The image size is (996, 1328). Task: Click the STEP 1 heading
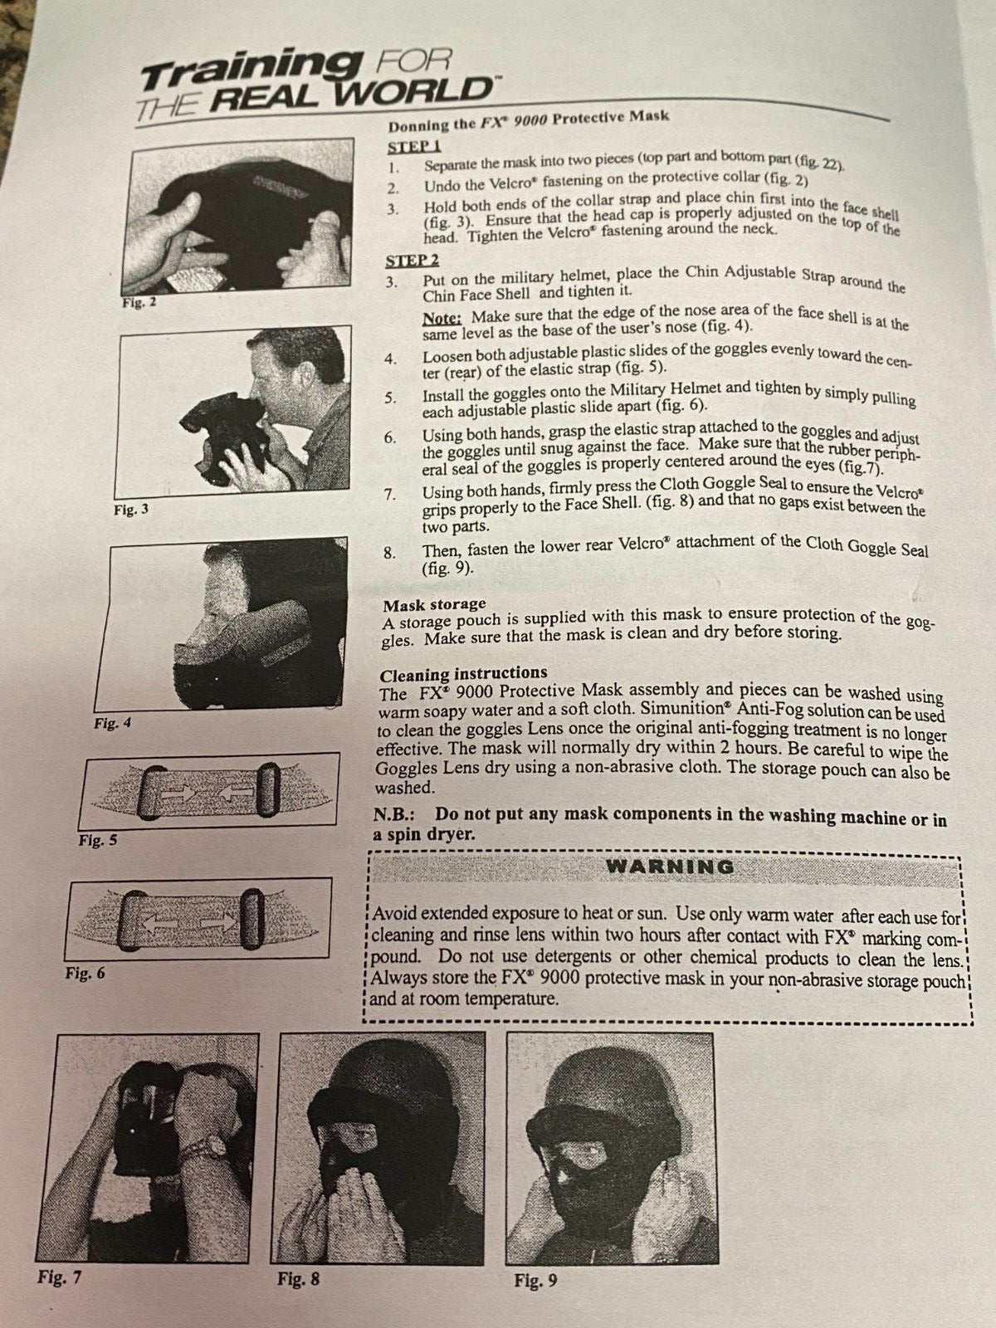[414, 146]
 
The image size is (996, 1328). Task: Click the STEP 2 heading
[413, 260]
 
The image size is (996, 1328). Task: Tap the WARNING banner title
[670, 867]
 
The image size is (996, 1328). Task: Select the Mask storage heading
[434, 604]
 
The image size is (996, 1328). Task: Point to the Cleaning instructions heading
[463, 673]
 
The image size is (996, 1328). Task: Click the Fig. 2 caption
[139, 302]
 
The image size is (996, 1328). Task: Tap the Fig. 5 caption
[98, 840]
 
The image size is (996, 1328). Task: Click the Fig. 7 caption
[60, 1277]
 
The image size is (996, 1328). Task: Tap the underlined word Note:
[442, 318]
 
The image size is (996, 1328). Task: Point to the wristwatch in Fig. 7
[212, 1145]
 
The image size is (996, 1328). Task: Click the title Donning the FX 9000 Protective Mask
[529, 120]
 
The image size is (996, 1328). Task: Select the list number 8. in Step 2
[391, 553]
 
